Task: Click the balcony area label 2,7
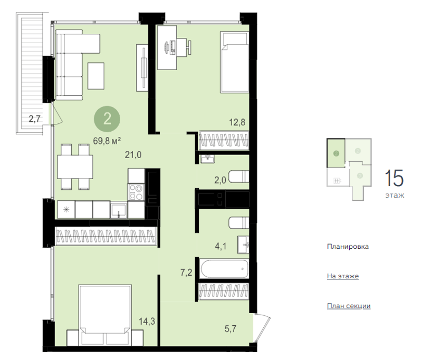[x=35, y=119]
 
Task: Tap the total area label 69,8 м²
[x=107, y=141]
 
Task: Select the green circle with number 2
[x=107, y=119]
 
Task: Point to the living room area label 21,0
[x=133, y=155]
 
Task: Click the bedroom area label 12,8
[x=237, y=122]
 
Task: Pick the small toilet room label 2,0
[x=220, y=180]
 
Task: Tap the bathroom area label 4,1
[x=220, y=246]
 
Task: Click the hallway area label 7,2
[x=186, y=273]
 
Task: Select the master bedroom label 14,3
[x=147, y=322]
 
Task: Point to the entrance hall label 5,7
[x=231, y=328]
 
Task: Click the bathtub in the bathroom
[x=224, y=269]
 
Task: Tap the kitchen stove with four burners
[x=136, y=192]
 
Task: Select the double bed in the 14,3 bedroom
[x=105, y=315]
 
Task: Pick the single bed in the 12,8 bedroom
[x=234, y=62]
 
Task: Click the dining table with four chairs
[x=75, y=167]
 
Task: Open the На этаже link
[x=343, y=276]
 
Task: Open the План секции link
[x=349, y=306]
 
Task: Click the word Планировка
[x=348, y=247]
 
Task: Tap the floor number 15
[x=394, y=178]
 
